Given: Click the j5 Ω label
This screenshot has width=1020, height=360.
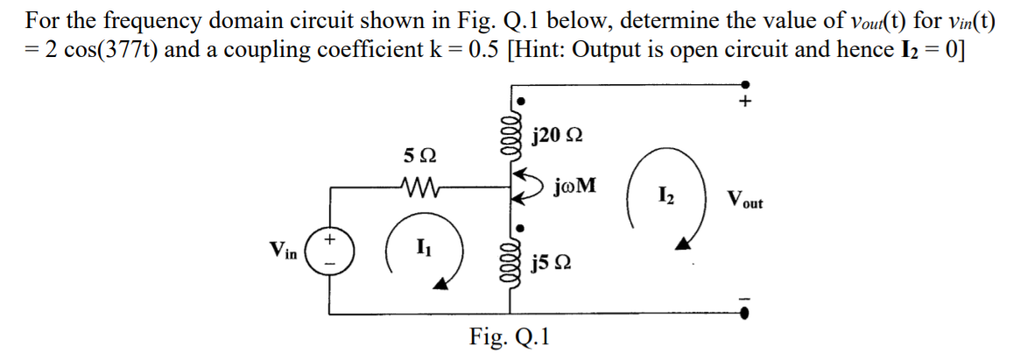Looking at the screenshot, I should click(x=552, y=263).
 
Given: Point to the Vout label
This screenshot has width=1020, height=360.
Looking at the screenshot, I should click(x=743, y=201).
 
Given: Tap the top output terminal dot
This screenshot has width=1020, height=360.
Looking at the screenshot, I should click(x=745, y=84).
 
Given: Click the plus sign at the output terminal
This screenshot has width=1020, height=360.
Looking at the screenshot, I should click(x=746, y=102).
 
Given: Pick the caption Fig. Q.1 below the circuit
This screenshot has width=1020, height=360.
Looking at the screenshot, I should click(x=509, y=337).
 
